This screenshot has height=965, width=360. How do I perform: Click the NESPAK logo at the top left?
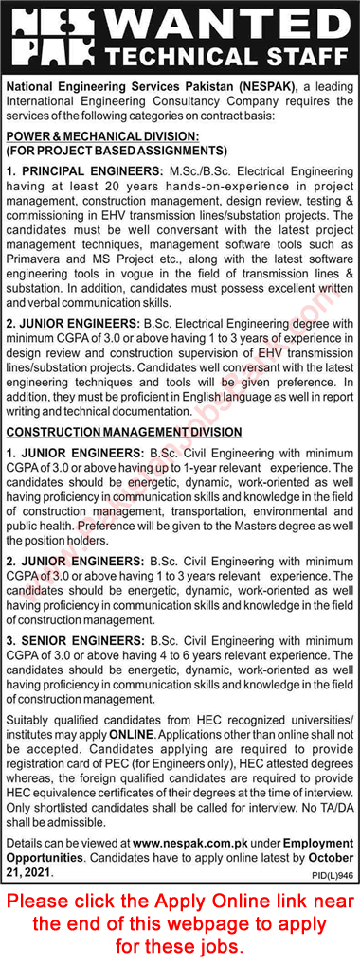pos(39,38)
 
